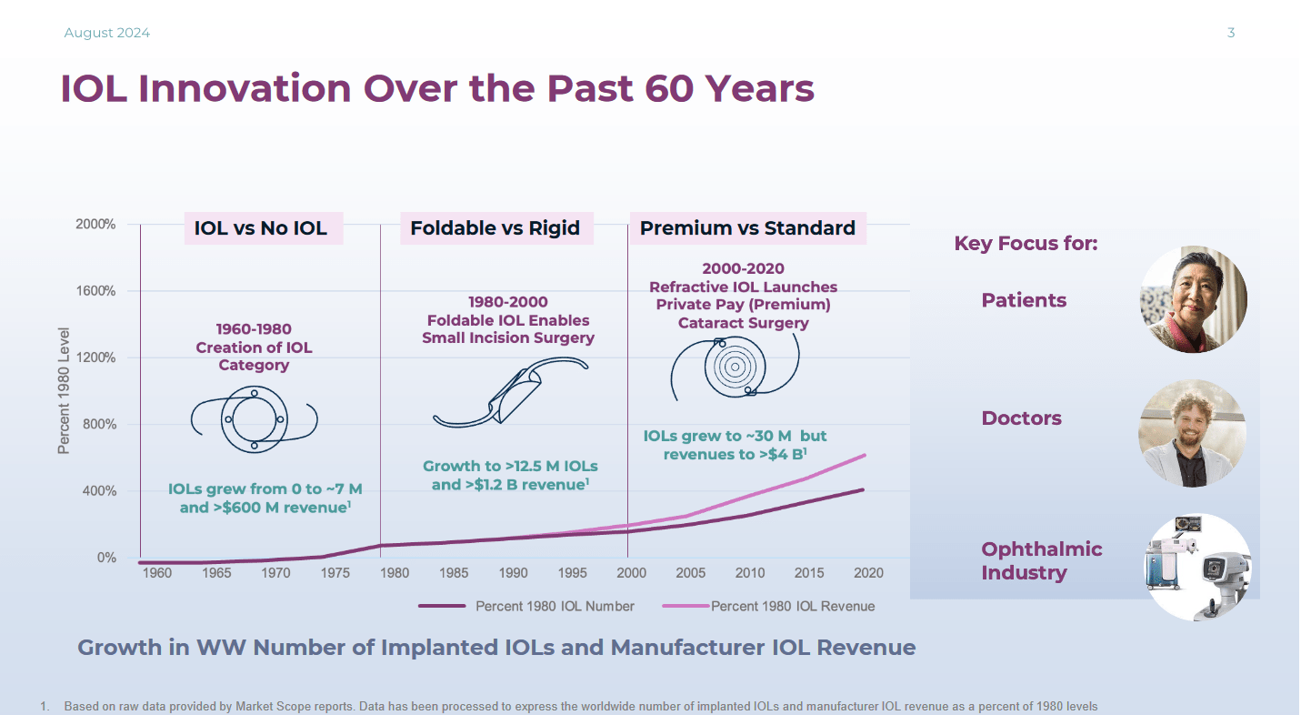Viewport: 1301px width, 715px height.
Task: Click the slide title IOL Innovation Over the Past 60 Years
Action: pyautogui.click(x=436, y=89)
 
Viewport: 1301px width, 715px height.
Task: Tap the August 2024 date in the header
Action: pyautogui.click(x=106, y=33)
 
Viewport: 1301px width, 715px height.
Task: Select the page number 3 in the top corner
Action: pyautogui.click(x=1231, y=33)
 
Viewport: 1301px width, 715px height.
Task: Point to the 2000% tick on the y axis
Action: pyautogui.click(x=94, y=225)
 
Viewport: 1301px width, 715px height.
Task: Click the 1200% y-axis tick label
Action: pyautogui.click(x=94, y=357)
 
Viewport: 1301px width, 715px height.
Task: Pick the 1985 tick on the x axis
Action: pyautogui.click(x=454, y=573)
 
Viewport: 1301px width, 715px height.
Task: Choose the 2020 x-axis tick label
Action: pyautogui.click(x=868, y=573)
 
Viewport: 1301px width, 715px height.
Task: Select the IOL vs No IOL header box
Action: pyautogui.click(x=261, y=227)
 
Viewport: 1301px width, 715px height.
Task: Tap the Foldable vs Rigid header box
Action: pyautogui.click(x=495, y=227)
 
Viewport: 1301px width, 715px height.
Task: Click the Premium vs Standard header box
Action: pyautogui.click(x=747, y=227)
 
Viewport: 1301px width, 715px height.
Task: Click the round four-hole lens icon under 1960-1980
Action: pyautogui.click(x=254, y=419)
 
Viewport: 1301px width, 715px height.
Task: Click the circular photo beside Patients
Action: pyautogui.click(x=1193, y=299)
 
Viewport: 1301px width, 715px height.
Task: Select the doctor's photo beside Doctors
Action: pyautogui.click(x=1192, y=433)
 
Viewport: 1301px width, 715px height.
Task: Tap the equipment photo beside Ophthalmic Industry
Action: pyautogui.click(x=1197, y=567)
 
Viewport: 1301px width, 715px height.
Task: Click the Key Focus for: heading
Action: pyautogui.click(x=1026, y=244)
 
